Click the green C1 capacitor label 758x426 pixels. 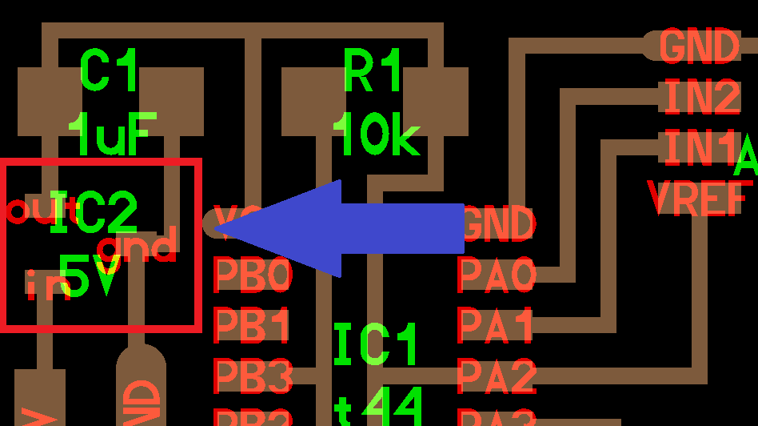pyautogui.click(x=110, y=72)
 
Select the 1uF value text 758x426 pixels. pyautogui.click(x=112, y=135)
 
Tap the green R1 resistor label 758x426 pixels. pyautogui.click(x=373, y=72)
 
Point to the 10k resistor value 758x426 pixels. pyautogui.click(x=376, y=135)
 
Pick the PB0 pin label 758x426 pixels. pyautogui.click(x=253, y=275)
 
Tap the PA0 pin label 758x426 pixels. pyautogui.click(x=496, y=275)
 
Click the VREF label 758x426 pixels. pyautogui.click(x=699, y=198)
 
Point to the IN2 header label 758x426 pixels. pyautogui.click(x=701, y=98)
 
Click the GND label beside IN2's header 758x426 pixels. pyautogui.click(x=699, y=46)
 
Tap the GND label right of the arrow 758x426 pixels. pyautogui.click(x=497, y=225)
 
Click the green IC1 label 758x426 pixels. pyautogui.click(x=376, y=346)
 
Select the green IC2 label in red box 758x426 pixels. pyautogui.click(x=93, y=214)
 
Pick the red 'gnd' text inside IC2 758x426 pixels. pyautogui.click(x=138, y=246)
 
